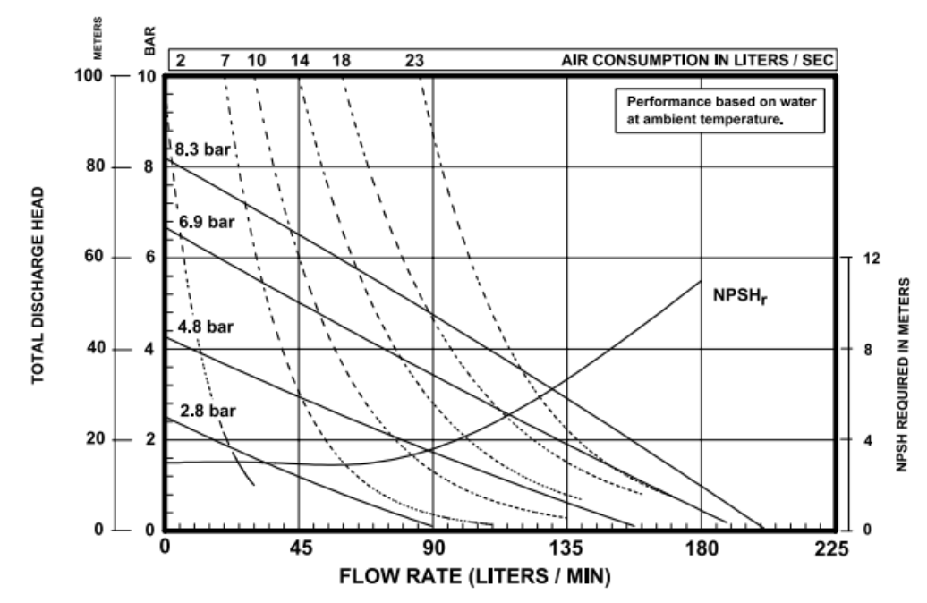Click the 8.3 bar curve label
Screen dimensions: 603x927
[203, 149]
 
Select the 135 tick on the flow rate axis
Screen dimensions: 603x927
[566, 547]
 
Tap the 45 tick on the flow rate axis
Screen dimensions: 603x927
[300, 547]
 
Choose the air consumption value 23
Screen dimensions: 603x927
[413, 60]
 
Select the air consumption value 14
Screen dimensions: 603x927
[300, 60]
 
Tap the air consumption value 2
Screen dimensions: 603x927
[180, 60]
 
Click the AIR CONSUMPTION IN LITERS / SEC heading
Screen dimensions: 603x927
[697, 60]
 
